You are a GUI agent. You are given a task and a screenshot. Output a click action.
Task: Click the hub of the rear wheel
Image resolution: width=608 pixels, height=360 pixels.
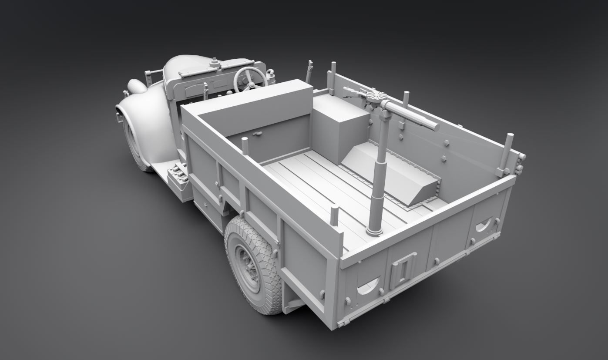246,269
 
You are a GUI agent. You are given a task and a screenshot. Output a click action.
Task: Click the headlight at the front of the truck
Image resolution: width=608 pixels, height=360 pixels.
136,86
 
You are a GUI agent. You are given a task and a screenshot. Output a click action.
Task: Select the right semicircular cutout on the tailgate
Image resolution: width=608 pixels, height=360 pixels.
484,225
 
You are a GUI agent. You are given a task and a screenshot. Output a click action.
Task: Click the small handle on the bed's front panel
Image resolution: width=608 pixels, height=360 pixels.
258,133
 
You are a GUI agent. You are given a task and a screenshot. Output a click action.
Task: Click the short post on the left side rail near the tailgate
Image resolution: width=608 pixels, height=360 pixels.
334,216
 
